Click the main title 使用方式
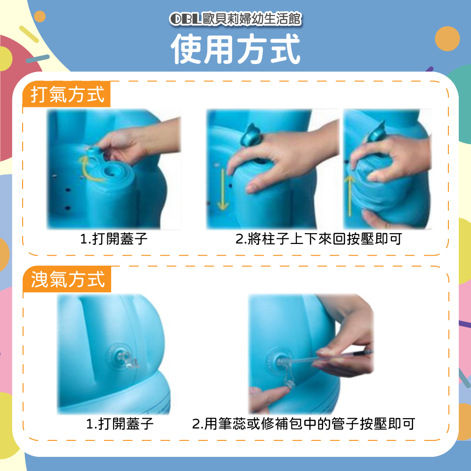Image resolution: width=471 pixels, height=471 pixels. [x=235, y=49]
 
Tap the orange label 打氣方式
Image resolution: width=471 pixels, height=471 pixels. [x=67, y=95]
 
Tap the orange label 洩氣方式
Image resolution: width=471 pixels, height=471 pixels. [x=68, y=279]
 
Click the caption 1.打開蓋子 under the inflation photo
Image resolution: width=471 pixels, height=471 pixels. [x=114, y=239]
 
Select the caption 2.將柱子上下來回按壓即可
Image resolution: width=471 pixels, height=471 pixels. [x=319, y=239]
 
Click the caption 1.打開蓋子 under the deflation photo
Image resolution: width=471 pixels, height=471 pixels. [x=120, y=424]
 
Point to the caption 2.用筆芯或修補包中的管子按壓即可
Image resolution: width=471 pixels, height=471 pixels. [x=303, y=424]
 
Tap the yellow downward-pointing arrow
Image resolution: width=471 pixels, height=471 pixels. [x=223, y=189]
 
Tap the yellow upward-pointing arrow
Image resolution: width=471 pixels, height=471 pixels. [x=349, y=196]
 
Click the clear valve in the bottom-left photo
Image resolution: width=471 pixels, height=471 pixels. [x=126, y=358]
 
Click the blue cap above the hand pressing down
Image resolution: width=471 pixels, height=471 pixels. [x=252, y=135]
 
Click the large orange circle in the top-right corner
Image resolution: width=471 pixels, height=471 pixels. [x=447, y=39]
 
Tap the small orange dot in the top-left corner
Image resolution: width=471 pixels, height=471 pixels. [x=40, y=16]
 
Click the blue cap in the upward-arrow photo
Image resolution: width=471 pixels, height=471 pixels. [x=375, y=132]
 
